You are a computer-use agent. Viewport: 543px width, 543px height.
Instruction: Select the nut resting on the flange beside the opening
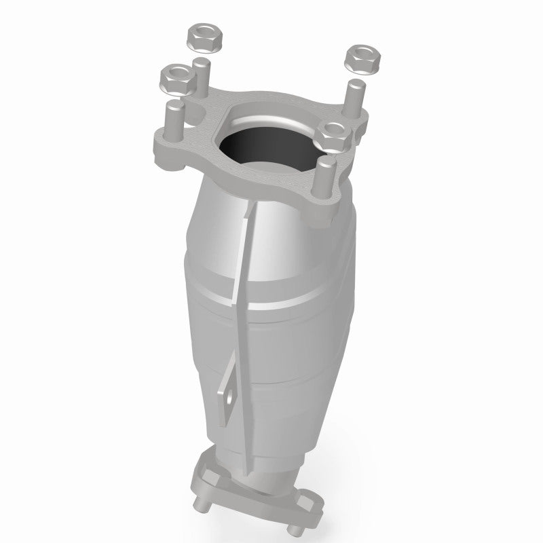(x=333, y=135)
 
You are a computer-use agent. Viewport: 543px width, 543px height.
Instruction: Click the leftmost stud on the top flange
(x=170, y=118)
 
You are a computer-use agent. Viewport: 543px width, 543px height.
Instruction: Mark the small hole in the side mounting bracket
(x=229, y=394)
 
